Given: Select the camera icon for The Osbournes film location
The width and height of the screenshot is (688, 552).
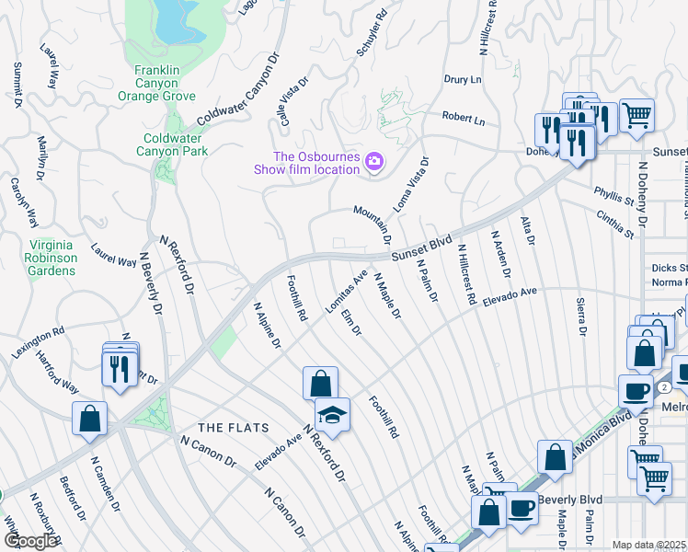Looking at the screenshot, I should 374,163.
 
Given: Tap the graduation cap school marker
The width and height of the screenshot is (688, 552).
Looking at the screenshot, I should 333,413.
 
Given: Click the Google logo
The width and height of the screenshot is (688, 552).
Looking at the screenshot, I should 30,541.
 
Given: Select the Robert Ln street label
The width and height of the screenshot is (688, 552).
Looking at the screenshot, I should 463,118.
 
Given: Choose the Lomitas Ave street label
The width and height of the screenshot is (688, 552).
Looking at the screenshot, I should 347,292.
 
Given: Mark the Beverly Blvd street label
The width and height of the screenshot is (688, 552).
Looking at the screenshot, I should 570,500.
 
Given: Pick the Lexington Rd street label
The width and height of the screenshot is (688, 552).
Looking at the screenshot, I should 38,343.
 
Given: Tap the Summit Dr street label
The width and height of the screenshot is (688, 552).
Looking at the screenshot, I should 17,85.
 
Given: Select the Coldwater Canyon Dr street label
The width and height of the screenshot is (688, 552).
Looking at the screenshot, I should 237,93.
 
